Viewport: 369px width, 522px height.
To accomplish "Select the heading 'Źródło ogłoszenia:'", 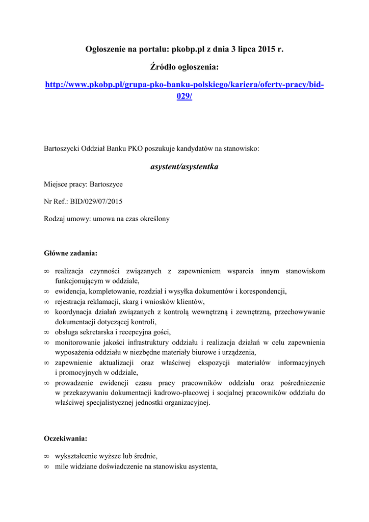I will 184,67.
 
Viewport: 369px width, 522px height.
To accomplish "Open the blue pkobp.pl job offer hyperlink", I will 184,84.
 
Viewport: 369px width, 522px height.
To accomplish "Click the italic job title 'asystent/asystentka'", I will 184,167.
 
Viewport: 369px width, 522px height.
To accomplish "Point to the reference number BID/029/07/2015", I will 96,201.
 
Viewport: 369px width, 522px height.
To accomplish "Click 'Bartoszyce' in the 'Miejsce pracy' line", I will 106,184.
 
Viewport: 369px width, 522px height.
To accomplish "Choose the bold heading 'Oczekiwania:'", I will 66,438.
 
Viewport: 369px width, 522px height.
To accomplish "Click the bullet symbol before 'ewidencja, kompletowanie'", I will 46,292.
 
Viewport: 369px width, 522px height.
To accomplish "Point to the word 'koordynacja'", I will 72,312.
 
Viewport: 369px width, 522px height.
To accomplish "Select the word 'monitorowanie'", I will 77,343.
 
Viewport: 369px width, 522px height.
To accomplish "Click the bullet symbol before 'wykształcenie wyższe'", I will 46,456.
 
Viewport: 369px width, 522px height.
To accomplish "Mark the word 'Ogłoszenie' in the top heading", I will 104,49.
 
